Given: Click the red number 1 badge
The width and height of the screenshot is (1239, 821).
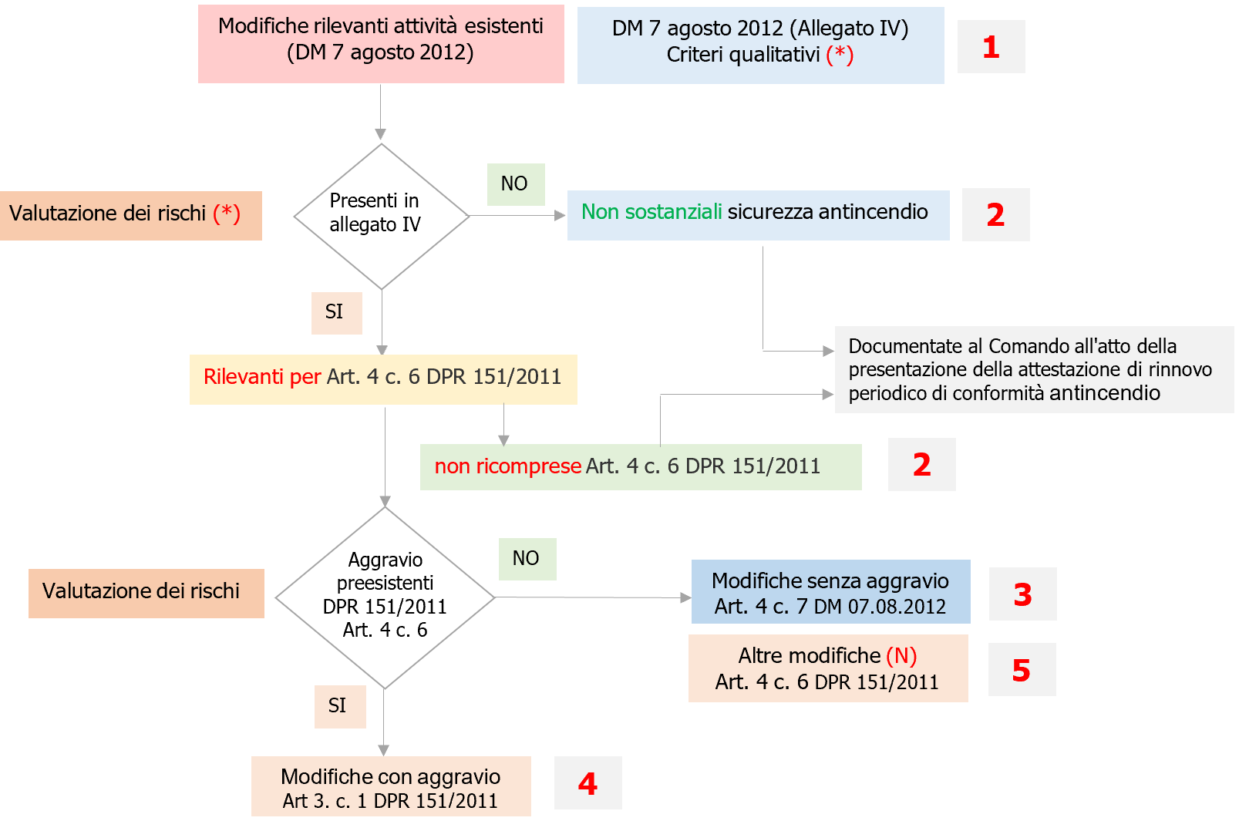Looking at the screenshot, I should tap(991, 48).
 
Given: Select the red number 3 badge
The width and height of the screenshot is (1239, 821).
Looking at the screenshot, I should tap(1022, 594).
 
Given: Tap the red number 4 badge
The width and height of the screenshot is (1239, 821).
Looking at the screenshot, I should tap(588, 784).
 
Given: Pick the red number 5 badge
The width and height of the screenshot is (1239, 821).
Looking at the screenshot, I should tap(1021, 670).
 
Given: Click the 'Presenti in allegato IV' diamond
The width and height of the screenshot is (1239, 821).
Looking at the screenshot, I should tap(381, 216).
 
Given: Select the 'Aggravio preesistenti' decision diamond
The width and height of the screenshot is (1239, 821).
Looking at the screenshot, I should tap(385, 597).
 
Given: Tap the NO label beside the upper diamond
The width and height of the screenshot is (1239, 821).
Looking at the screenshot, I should tap(515, 184).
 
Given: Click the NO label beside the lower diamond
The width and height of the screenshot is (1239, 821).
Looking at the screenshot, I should tap(527, 559).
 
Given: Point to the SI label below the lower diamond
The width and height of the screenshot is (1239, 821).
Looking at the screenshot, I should tap(338, 706).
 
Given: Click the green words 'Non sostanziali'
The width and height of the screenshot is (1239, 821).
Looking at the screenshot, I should tap(651, 212).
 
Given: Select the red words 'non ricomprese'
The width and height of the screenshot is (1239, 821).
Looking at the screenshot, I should tap(507, 466).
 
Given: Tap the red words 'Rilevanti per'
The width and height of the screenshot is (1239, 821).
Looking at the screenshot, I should tap(262, 377).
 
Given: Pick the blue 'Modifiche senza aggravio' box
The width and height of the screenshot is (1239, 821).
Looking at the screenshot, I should tap(830, 592).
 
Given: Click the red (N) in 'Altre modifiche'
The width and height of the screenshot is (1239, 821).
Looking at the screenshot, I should tap(901, 656).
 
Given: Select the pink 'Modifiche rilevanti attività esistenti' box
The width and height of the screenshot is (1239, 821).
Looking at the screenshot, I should tap(381, 44).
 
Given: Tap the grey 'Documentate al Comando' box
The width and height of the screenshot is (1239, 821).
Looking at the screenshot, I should tap(1033, 370).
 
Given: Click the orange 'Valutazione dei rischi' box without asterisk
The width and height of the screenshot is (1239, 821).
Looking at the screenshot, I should tap(146, 593).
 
